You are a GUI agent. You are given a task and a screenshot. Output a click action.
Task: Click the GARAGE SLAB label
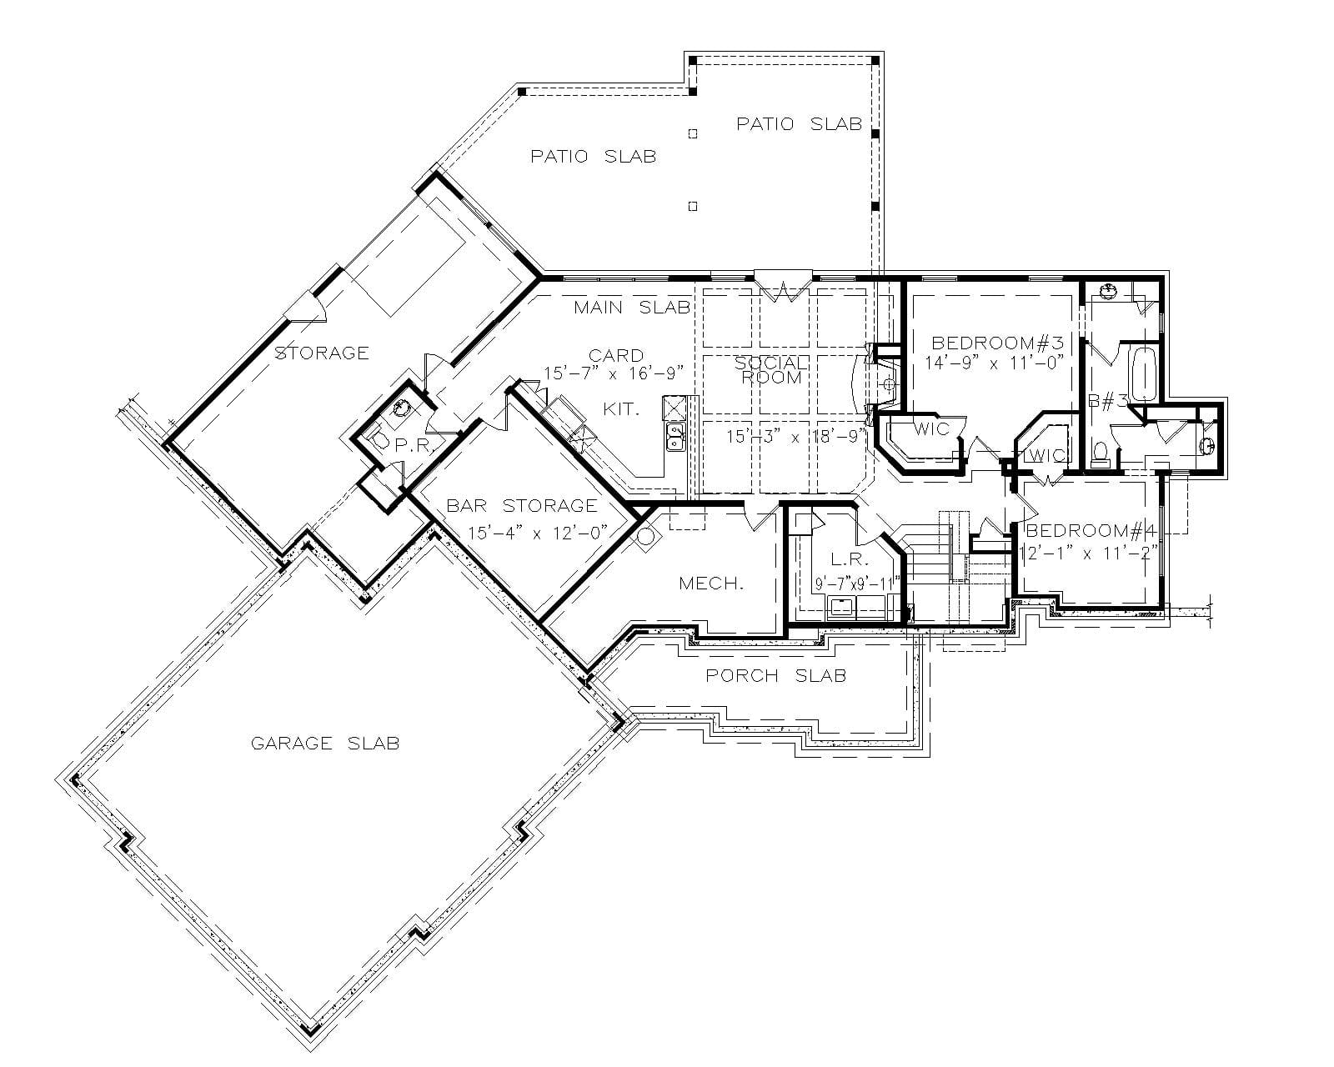325,743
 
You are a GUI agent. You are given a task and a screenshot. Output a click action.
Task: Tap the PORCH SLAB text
775,675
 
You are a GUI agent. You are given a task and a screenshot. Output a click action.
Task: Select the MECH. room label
710,584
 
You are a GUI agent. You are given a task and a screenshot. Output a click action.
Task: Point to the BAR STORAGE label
522,505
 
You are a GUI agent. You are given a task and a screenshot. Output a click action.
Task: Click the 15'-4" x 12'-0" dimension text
537,532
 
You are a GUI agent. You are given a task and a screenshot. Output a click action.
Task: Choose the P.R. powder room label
413,445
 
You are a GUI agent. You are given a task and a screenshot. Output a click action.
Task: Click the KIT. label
622,409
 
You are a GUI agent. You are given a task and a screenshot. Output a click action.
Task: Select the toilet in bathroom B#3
1100,452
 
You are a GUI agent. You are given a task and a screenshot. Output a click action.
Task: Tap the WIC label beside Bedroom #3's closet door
931,428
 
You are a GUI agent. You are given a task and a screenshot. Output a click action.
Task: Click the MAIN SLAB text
632,308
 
